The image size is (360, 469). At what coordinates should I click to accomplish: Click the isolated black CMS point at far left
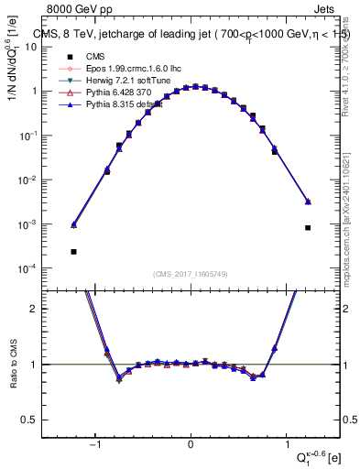click(73, 251)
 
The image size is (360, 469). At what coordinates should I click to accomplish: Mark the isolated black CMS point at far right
click(308, 228)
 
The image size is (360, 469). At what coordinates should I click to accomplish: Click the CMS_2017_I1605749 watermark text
click(190, 275)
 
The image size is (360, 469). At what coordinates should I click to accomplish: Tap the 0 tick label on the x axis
click(191, 444)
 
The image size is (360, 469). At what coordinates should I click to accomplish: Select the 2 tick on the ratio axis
click(43, 309)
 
